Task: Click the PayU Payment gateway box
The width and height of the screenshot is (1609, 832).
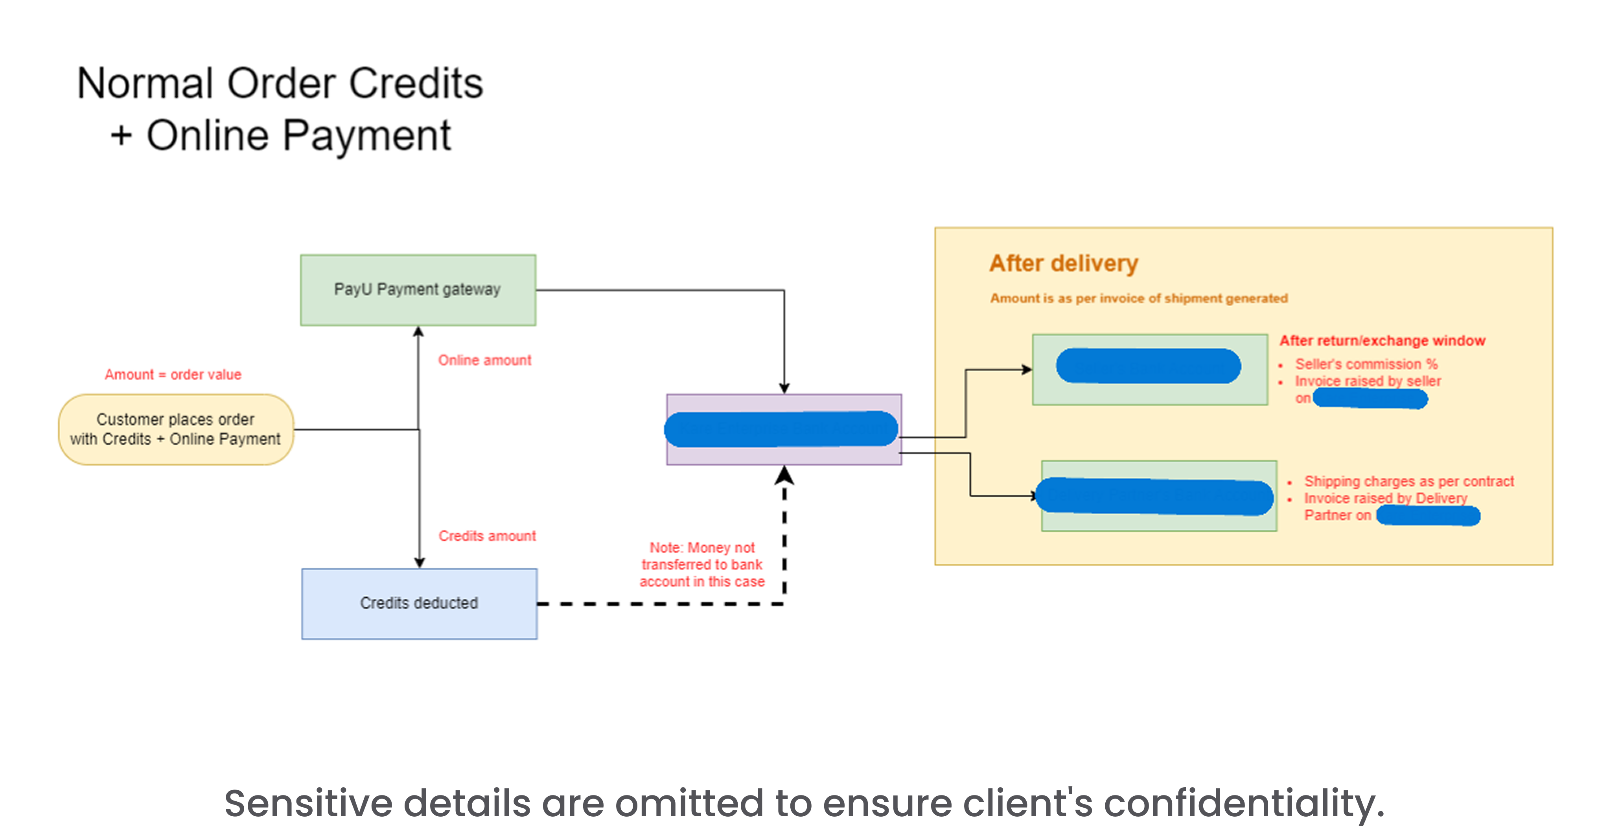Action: (417, 290)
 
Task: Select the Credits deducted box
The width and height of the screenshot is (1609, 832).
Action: (418, 604)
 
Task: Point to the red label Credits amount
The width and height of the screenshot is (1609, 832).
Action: (486, 536)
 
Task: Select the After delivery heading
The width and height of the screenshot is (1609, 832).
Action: (1063, 263)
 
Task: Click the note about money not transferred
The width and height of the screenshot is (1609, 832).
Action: (701, 565)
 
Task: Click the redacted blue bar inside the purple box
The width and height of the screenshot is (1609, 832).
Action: (781, 429)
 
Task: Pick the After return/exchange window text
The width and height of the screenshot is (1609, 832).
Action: (1382, 341)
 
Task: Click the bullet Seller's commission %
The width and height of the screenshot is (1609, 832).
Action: (1365, 364)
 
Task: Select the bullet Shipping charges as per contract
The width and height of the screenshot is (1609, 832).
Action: (1408, 482)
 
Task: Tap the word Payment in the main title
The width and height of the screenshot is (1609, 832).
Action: (366, 136)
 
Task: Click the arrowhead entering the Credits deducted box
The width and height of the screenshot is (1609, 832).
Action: (419, 562)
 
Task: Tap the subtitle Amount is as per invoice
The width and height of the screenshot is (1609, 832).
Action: (1138, 298)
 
